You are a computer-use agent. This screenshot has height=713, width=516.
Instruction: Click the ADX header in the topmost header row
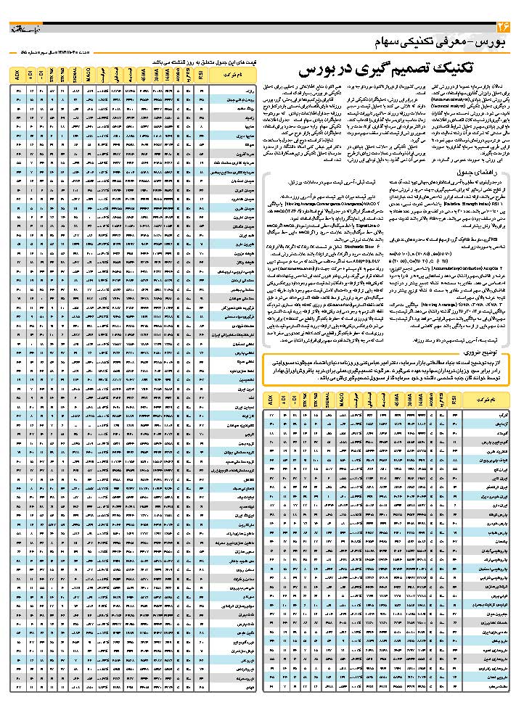click(x=17, y=75)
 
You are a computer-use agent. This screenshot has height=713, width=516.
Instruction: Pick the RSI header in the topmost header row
click(x=199, y=75)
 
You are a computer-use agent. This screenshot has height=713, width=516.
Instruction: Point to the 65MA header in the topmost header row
click(x=144, y=75)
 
